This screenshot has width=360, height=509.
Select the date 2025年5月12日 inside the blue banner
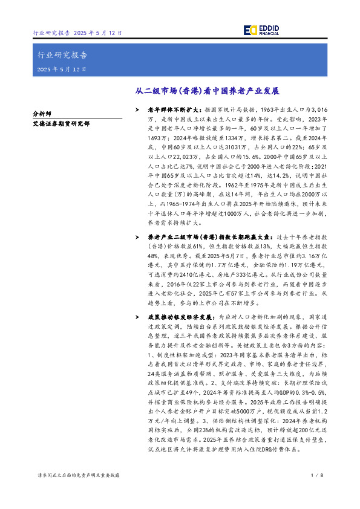click(62, 69)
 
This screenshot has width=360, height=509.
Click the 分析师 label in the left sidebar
click(43, 113)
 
